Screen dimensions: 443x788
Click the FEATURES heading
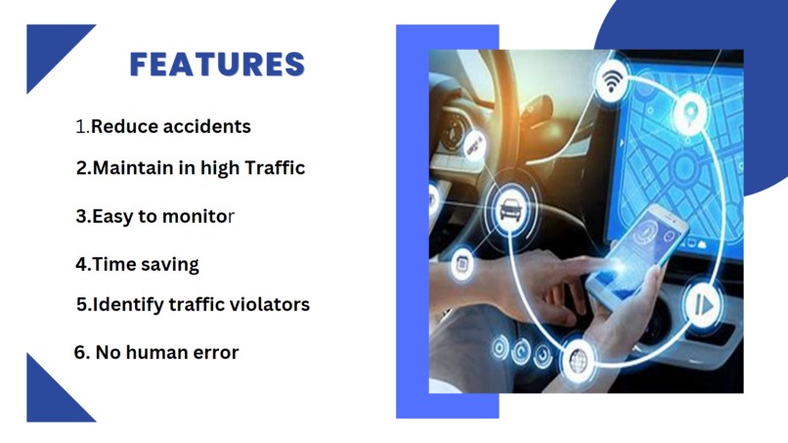217,66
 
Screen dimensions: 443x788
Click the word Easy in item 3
112,216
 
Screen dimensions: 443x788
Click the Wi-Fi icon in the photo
613,80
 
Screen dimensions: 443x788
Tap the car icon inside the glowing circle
508,207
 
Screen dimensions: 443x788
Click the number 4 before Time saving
81,264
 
